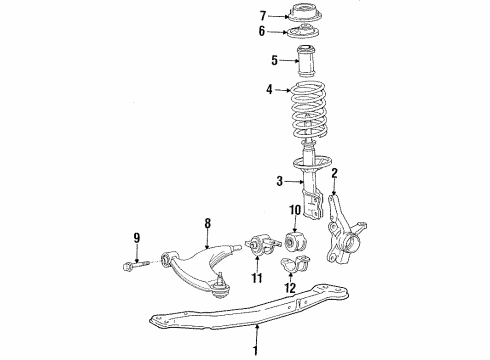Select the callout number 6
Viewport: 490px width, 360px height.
click(x=263, y=32)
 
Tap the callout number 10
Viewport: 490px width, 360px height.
click(x=295, y=237)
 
